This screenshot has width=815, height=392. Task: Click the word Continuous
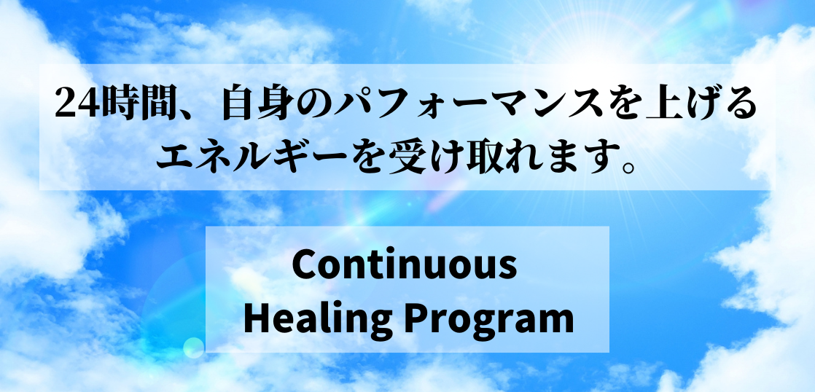point(405,265)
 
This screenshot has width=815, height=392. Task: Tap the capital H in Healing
point(256,318)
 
